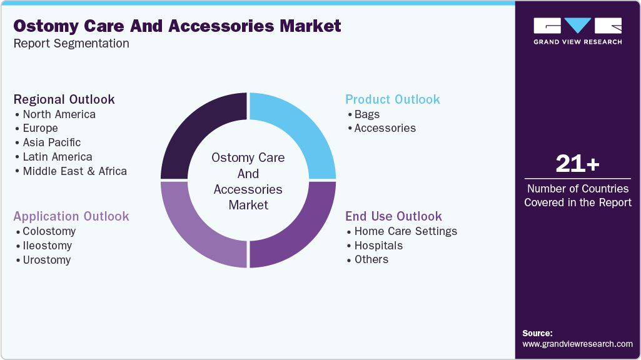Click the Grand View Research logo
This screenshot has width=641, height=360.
(577, 31)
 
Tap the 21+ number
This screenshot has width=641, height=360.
(577, 164)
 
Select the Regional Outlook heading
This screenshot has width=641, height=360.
(64, 99)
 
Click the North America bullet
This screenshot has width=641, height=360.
(59, 114)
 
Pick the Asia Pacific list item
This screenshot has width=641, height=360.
(51, 142)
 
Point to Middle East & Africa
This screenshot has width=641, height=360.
(74, 171)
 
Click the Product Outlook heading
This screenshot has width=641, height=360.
(393, 99)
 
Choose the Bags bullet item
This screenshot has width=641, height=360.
(366, 114)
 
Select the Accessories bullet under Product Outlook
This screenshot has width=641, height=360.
(385, 128)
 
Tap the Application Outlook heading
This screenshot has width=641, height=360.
(71, 216)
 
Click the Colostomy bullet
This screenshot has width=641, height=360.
(49, 231)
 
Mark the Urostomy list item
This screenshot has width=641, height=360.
(46, 260)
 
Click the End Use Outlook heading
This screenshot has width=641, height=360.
(393, 216)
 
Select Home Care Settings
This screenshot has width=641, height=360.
(405, 231)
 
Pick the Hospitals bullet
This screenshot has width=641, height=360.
(378, 246)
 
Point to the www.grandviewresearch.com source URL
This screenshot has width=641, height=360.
(577, 344)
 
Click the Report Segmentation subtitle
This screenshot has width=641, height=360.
(71, 43)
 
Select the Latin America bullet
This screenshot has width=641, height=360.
(57, 157)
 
